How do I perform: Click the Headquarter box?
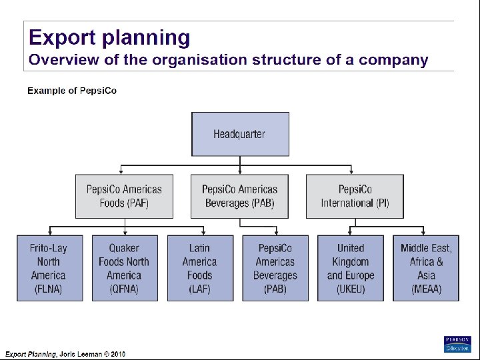(x=240, y=134)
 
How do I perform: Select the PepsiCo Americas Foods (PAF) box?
(x=124, y=196)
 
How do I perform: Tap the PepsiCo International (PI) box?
(x=355, y=196)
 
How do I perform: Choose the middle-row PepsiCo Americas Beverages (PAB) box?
(x=239, y=196)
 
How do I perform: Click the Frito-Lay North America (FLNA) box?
(x=49, y=268)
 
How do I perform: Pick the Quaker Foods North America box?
(x=124, y=268)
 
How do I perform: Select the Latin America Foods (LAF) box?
(x=199, y=268)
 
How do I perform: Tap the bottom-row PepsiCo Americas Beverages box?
(x=275, y=268)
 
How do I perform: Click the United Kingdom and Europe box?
(x=351, y=268)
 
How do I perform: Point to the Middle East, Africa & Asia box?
(x=426, y=268)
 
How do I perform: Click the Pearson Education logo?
(x=457, y=344)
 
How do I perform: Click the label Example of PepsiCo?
(x=72, y=91)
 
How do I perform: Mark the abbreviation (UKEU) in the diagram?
(x=351, y=289)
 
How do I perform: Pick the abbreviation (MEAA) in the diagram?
(x=426, y=289)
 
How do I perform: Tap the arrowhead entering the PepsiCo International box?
(x=355, y=172)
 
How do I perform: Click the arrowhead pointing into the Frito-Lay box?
(x=49, y=233)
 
